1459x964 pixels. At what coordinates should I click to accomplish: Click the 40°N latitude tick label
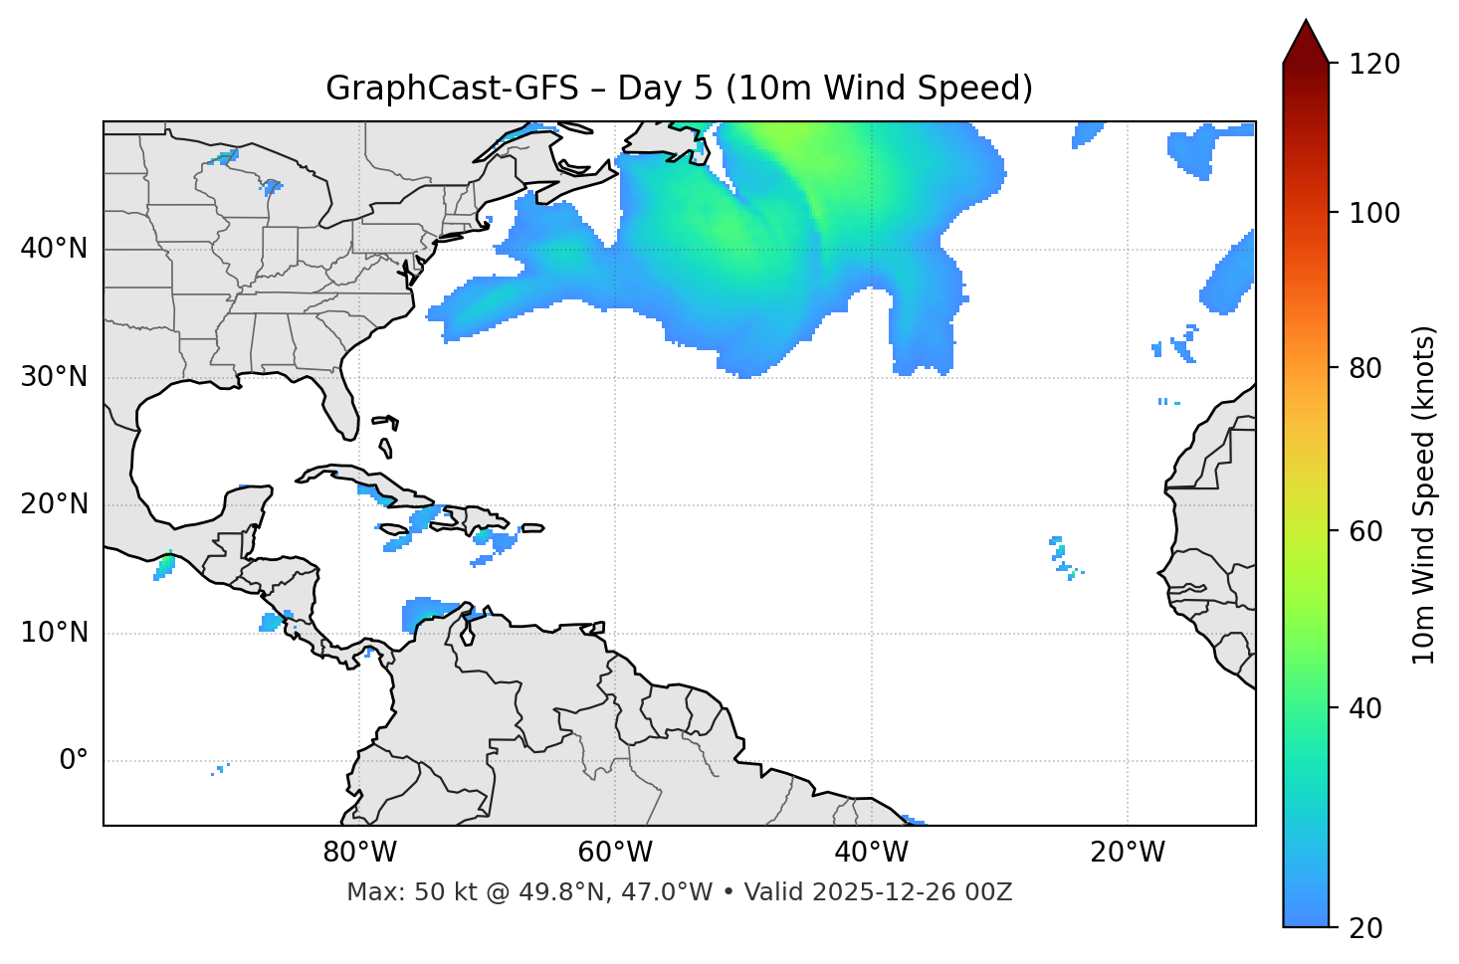[x=54, y=249]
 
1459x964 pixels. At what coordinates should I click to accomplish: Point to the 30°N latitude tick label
[x=54, y=377]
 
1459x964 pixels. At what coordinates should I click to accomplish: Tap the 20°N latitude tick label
[x=54, y=504]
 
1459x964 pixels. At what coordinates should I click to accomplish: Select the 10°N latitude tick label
[x=54, y=633]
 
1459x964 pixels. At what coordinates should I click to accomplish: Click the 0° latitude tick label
[x=74, y=761]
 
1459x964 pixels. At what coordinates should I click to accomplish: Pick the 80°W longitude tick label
[x=359, y=853]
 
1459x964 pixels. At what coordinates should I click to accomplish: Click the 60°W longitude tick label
[x=615, y=853]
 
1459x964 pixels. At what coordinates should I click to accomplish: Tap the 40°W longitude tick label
[x=871, y=853]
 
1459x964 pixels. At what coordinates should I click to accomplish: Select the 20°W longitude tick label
[x=1127, y=853]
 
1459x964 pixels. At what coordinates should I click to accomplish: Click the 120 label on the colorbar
[x=1374, y=64]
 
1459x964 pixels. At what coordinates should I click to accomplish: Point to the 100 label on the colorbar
[x=1374, y=213]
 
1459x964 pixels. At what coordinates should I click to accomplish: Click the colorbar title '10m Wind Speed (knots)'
[x=1424, y=495]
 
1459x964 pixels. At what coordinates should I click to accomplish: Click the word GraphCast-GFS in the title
[x=452, y=89]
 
